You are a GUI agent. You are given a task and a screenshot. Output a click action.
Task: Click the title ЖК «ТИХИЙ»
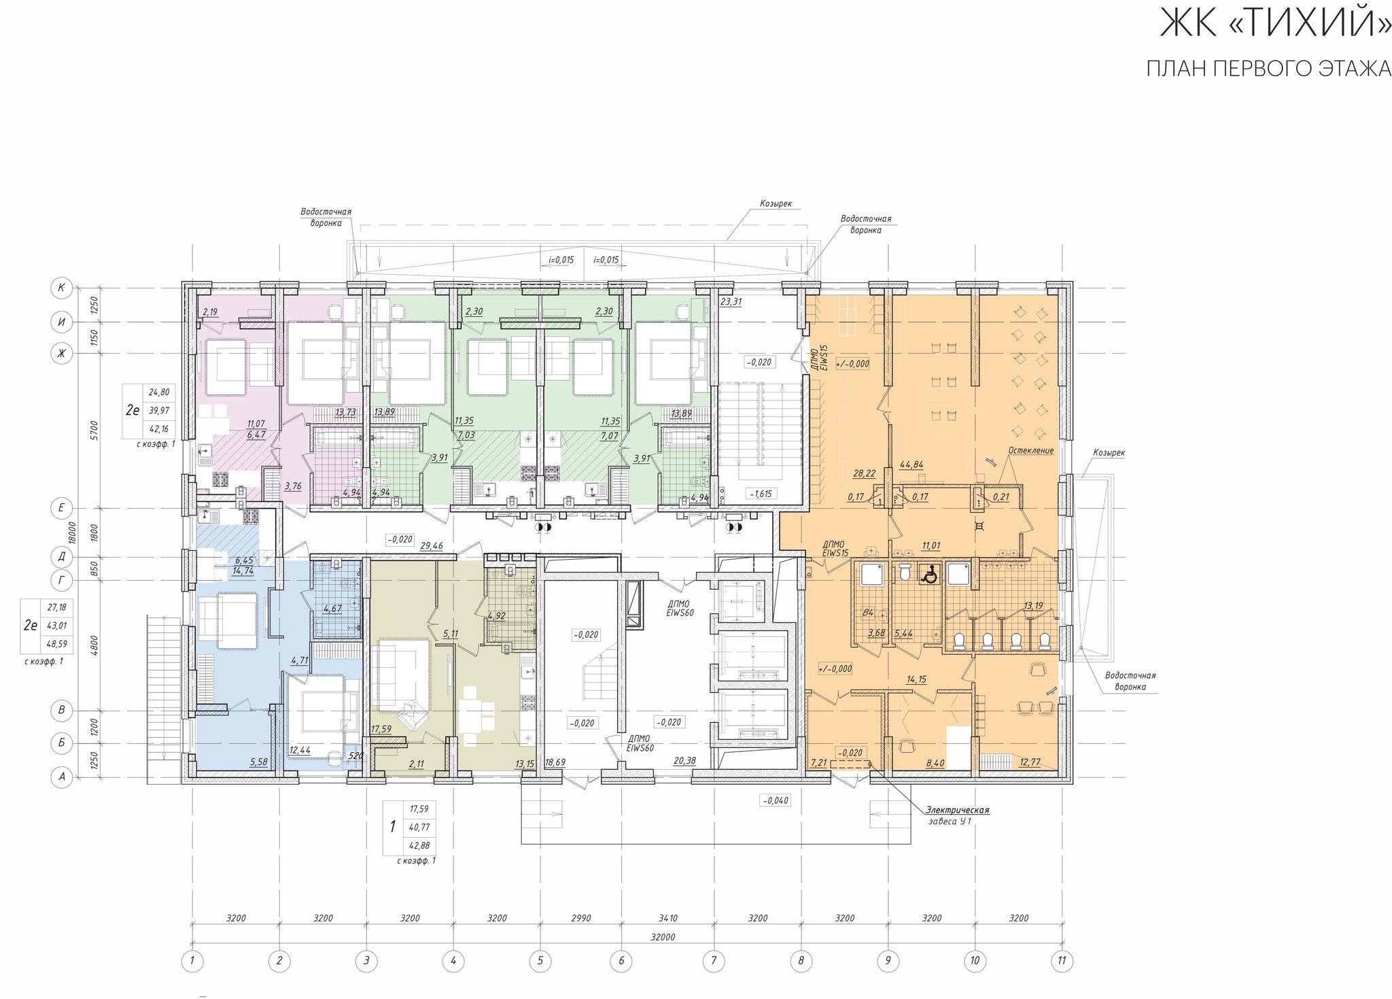pyautogui.click(x=1275, y=23)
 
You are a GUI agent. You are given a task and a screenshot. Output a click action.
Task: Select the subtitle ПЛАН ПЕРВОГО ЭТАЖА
pyautogui.click(x=1268, y=69)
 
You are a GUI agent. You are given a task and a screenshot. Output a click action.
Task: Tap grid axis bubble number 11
pyautogui.click(x=1062, y=961)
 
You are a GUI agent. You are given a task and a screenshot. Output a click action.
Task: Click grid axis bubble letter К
pyautogui.click(x=62, y=288)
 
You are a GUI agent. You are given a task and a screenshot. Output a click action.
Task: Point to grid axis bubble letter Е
pyautogui.click(x=62, y=507)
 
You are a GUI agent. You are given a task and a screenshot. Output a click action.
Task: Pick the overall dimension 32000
pyautogui.click(x=663, y=936)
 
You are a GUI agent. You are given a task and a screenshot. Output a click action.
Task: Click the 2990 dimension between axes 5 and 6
pyautogui.click(x=580, y=918)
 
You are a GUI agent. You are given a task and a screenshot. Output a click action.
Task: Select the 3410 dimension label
pyautogui.click(x=668, y=918)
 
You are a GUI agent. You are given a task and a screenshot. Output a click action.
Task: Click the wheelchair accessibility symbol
pyautogui.click(x=928, y=575)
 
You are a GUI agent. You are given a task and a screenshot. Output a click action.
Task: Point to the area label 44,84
pyautogui.click(x=911, y=465)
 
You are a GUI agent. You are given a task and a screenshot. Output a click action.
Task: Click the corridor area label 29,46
pyautogui.click(x=432, y=545)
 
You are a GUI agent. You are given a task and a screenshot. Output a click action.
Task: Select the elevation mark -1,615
pyautogui.click(x=760, y=494)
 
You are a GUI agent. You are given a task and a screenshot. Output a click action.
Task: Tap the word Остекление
pyautogui.click(x=1031, y=450)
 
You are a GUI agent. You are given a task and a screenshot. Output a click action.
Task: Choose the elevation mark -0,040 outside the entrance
pyautogui.click(x=776, y=800)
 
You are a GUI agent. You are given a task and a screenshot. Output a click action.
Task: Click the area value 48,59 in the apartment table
pyautogui.click(x=57, y=643)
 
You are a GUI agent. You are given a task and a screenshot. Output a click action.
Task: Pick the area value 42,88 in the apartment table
pyautogui.click(x=419, y=846)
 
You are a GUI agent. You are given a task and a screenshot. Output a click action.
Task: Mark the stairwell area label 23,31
pyautogui.click(x=731, y=301)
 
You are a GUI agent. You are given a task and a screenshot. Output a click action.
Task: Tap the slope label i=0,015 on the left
pyautogui.click(x=561, y=260)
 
